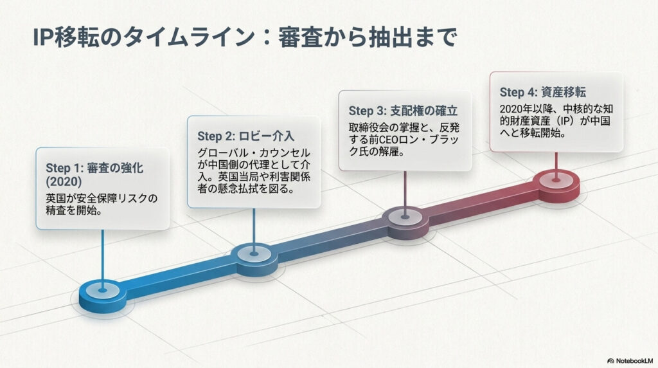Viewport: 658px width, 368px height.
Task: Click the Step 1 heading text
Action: click(94, 174)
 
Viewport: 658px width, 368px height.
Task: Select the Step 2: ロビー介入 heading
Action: click(245, 136)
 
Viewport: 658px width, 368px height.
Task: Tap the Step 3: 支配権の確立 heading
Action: click(403, 111)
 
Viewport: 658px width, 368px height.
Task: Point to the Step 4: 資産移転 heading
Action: click(542, 93)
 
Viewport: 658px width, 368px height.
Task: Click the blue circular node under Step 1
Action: click(102, 295)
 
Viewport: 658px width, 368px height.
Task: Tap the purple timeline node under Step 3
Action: click(405, 222)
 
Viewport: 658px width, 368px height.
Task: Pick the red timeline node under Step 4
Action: click(556, 185)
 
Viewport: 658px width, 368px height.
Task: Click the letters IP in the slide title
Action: click(42, 37)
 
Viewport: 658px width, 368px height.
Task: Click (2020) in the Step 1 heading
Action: click(64, 182)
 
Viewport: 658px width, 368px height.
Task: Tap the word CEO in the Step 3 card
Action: click(390, 140)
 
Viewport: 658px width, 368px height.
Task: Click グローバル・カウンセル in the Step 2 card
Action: click(254, 153)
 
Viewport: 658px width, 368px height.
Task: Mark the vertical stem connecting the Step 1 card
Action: click(102, 260)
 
